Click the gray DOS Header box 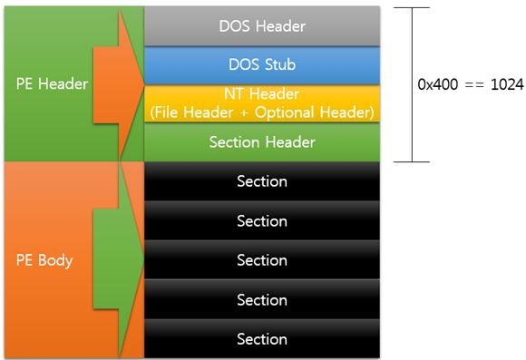coord(262,25)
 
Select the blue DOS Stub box coord(262,65)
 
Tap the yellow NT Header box coord(262,103)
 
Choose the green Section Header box coord(262,142)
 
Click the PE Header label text coord(52,83)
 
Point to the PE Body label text coord(44,260)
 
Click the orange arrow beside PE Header coord(119,84)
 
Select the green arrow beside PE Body coord(119,259)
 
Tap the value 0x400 coord(438,84)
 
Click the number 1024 coord(507,84)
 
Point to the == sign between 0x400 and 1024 coord(474,85)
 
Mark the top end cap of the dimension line coord(412,7)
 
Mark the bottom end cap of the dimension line coord(412,161)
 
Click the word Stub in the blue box coord(279,64)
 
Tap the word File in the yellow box coord(168,112)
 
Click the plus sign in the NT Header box coord(244,113)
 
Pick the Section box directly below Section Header coord(262,181)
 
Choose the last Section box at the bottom coord(262,339)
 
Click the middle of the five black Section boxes coord(262,260)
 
